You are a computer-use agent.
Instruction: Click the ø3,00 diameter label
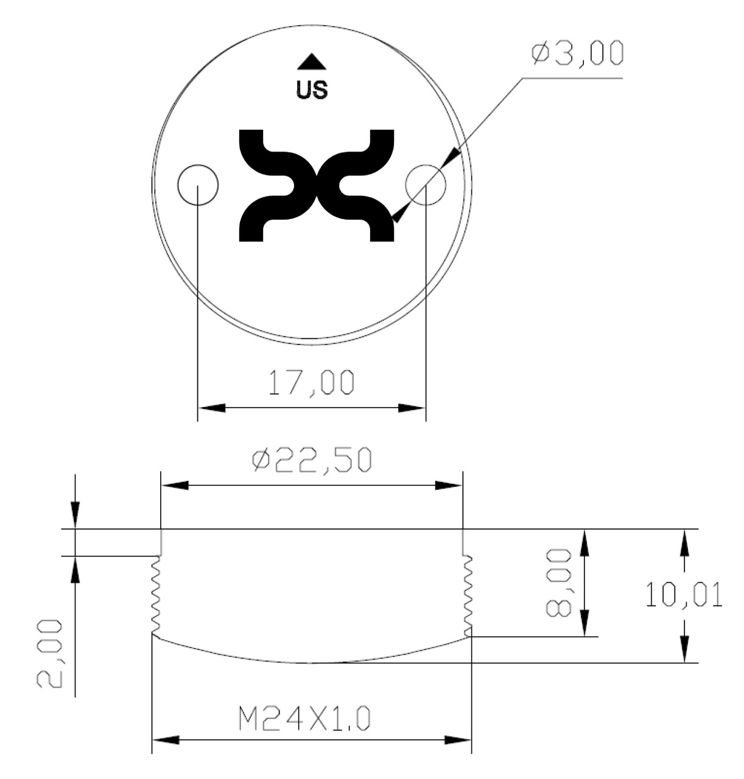point(577,54)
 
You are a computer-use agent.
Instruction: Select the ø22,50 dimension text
point(311,461)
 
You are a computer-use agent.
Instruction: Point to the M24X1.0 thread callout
point(304,721)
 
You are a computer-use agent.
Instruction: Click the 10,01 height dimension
point(684,595)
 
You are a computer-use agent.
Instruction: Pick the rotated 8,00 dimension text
point(558,582)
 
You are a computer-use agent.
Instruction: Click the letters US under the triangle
point(311,90)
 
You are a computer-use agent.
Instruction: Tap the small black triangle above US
point(312,61)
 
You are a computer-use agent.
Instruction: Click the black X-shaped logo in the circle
point(316,185)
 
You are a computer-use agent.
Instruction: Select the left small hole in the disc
point(198,184)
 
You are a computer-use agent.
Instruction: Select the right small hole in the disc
point(426,184)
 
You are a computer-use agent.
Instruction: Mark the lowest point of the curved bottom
point(311,663)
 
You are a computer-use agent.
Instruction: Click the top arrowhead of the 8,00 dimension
point(583,541)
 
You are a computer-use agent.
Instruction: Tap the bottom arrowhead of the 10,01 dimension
point(684,651)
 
